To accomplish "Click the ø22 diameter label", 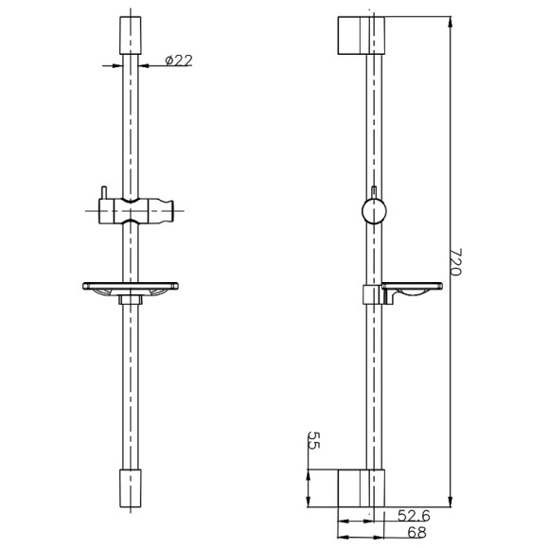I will click(x=178, y=60).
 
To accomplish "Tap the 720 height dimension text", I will click(x=453, y=262).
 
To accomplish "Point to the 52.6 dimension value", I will click(x=413, y=516).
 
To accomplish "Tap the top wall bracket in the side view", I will click(x=362, y=35).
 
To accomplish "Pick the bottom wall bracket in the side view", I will click(x=362, y=487).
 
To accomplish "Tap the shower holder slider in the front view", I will click(x=132, y=210).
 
